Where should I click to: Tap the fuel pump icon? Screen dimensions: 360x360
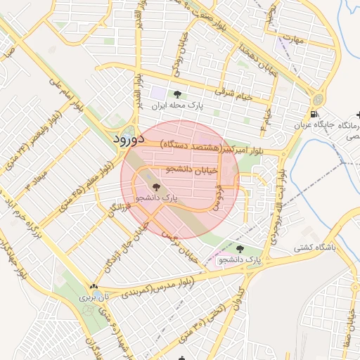tap(314, 114)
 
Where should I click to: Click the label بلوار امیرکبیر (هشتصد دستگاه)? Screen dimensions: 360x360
tap(211, 148)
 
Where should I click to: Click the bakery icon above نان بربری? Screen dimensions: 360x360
tap(94, 287)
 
